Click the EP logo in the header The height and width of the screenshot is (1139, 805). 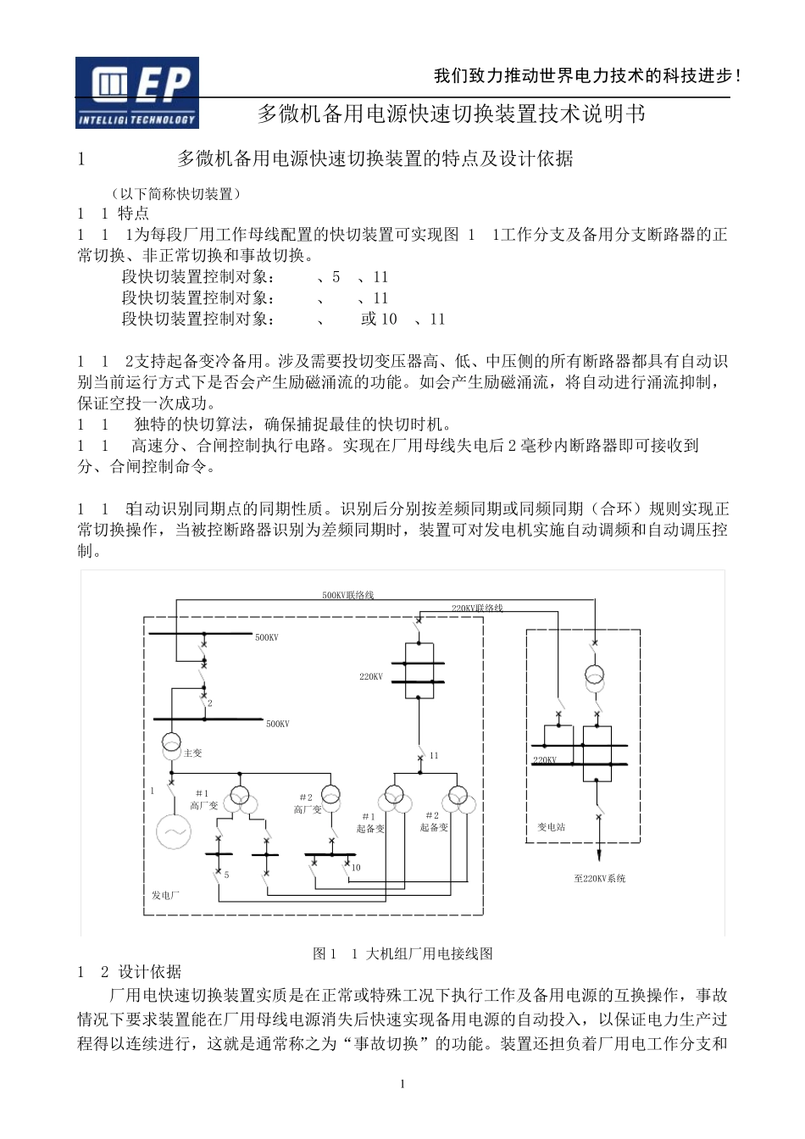(137, 92)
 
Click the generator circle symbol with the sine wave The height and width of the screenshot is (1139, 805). (174, 831)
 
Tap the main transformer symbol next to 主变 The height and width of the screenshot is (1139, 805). (171, 743)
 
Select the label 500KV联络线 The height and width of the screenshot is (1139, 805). (347, 595)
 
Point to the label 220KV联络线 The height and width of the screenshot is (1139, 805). (477, 608)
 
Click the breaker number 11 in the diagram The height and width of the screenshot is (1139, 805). (434, 755)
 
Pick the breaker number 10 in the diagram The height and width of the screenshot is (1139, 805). (356, 867)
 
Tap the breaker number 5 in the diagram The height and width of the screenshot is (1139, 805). (227, 874)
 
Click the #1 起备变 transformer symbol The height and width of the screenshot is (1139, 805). (395, 797)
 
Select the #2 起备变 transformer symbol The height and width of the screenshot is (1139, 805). (458, 797)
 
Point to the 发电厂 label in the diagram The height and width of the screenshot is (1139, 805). (165, 895)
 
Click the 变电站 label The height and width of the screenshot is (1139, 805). (551, 826)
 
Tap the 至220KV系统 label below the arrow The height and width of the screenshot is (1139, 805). (600, 879)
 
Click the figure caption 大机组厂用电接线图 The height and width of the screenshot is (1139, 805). (429, 953)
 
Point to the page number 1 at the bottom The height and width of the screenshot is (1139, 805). (402, 1084)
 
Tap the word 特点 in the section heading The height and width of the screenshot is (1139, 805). (133, 214)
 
